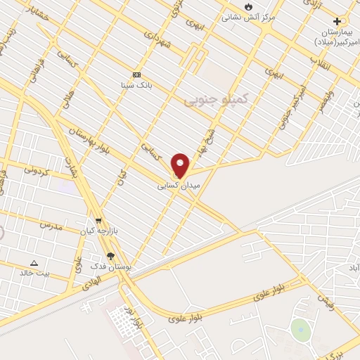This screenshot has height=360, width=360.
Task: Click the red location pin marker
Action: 181,165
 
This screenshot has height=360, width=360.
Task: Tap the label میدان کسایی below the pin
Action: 181,185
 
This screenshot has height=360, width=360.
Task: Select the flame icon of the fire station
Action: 248,6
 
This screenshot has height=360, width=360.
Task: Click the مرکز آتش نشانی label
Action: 249,17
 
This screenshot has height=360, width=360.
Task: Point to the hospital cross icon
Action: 337,22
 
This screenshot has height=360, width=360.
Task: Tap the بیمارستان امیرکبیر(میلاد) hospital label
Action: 335,37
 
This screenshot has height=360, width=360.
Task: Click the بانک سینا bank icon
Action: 136,75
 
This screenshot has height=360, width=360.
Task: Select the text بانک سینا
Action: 136,85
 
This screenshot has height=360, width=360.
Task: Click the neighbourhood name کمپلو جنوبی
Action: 217,101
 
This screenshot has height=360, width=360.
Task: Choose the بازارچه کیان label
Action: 97,231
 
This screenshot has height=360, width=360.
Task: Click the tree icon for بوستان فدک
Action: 110,257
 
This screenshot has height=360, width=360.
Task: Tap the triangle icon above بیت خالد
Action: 34,263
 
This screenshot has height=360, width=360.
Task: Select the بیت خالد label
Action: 34,273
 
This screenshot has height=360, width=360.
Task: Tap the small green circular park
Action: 301,330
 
